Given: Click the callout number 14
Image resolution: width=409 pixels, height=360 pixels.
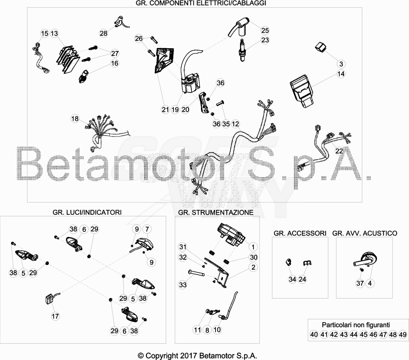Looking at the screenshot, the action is tap(341, 74).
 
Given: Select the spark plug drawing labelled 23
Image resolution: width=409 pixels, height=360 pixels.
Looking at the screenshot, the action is tap(242, 50).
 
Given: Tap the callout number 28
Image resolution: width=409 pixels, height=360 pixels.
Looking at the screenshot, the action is tap(103, 33).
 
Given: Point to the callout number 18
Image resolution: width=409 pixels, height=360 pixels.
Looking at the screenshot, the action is tap(75, 119).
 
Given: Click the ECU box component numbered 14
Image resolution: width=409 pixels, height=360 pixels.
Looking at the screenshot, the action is tap(302, 91).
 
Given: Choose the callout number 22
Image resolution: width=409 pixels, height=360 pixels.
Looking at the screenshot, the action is tap(339, 151).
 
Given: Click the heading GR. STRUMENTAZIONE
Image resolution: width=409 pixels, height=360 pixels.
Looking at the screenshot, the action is tap(216, 212).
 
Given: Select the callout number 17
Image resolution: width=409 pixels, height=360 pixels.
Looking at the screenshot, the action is tap(55, 316).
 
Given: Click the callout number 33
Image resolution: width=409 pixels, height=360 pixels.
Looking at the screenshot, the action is tap(183, 285).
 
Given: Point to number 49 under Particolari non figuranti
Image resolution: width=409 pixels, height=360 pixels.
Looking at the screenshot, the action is tap(403, 334).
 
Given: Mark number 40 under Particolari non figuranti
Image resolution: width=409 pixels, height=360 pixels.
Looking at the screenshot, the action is tap(314, 334).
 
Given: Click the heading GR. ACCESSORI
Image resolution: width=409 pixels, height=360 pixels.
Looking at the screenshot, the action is tap(300, 233).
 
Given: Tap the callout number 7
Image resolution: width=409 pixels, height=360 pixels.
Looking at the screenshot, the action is tap(147, 229).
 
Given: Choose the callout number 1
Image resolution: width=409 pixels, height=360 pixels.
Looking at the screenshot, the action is tap(253, 247).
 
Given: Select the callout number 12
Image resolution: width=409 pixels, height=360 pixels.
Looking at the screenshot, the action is tap(235, 124).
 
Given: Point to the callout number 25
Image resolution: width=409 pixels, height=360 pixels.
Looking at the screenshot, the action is tap(265, 30).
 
